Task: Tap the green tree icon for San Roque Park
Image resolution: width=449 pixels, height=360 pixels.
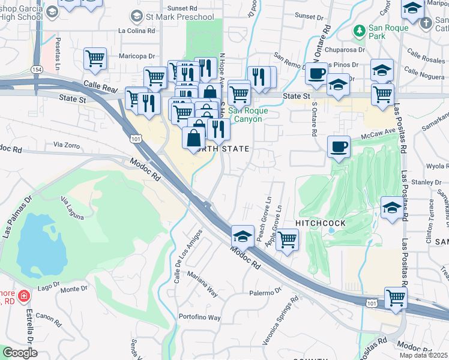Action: click(x=360, y=29)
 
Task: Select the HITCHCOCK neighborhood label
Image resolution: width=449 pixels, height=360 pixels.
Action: click(x=321, y=223)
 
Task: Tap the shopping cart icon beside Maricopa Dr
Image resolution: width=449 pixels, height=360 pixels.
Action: click(x=95, y=59)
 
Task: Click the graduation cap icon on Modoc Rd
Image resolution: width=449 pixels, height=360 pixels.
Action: click(x=243, y=235)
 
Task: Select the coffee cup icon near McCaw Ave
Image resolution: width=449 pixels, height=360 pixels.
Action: click(x=339, y=146)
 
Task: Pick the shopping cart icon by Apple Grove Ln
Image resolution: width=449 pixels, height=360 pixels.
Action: click(x=288, y=240)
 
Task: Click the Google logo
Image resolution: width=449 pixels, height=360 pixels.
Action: click(x=20, y=353)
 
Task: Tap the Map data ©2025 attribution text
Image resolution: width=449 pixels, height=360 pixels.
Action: click(x=423, y=355)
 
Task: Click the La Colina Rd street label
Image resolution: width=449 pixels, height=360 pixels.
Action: click(x=137, y=30)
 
